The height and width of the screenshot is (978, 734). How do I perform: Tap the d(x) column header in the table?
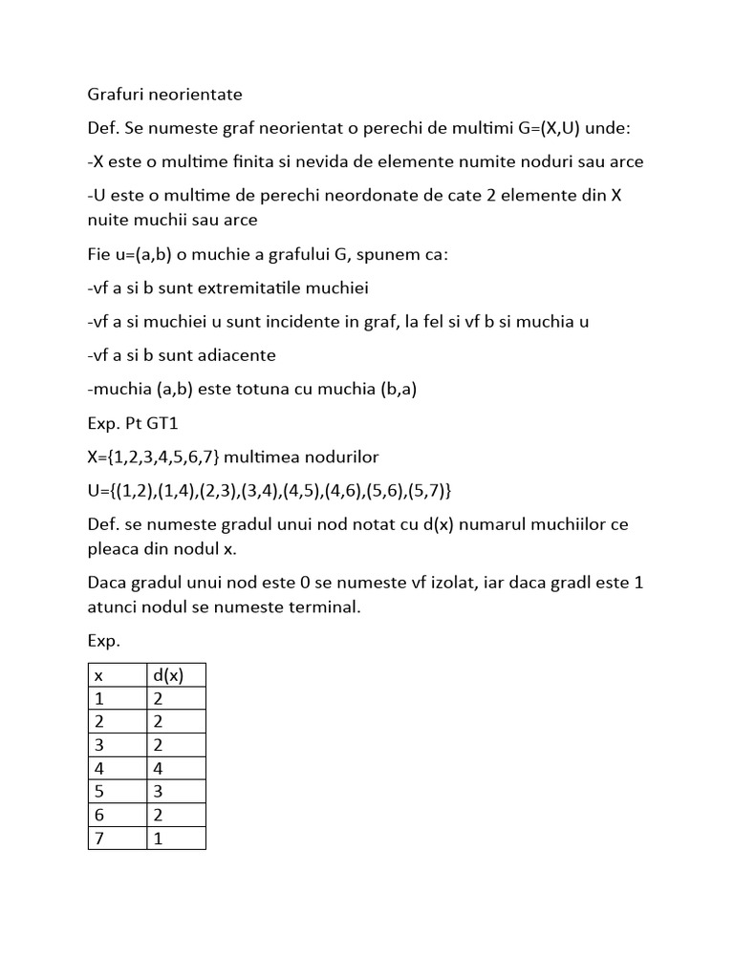point(168,674)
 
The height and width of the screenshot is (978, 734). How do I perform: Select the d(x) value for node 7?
point(159,837)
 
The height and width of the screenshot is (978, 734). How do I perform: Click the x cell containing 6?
point(98,814)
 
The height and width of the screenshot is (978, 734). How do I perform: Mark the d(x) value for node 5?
point(159,791)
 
